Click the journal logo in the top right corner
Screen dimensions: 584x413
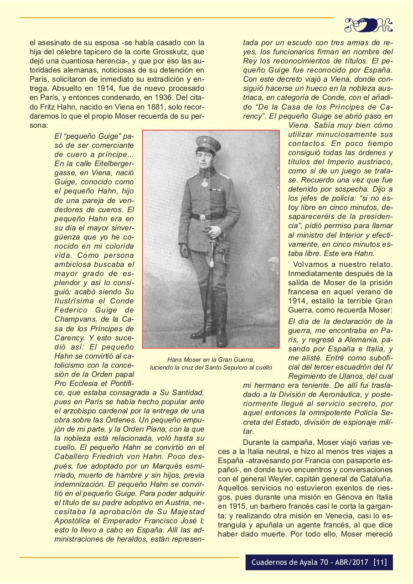pos(368,25)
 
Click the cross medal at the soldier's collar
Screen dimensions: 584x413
pos(205,182)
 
